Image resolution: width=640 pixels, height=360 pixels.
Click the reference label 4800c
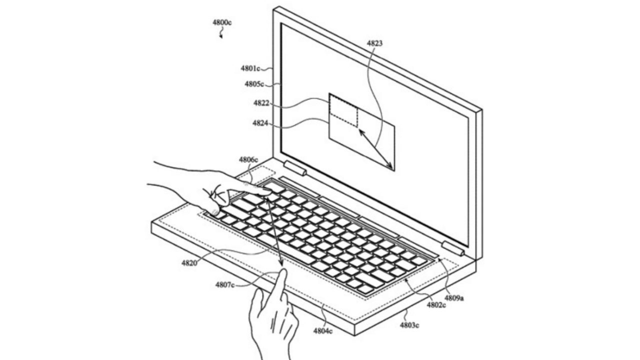click(222, 22)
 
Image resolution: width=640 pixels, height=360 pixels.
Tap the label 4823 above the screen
click(374, 43)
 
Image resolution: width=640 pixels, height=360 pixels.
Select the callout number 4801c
click(250, 68)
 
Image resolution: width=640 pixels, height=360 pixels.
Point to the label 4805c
click(254, 84)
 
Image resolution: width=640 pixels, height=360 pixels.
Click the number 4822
click(261, 103)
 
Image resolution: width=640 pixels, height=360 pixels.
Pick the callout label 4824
click(260, 123)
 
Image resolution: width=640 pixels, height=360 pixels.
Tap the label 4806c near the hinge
click(248, 159)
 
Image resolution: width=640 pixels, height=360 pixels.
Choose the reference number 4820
click(189, 263)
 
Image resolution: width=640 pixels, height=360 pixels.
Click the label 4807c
click(225, 285)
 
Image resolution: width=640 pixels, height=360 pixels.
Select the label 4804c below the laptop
click(323, 331)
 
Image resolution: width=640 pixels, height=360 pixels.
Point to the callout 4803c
click(409, 325)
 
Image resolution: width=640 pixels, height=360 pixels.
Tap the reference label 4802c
click(436, 305)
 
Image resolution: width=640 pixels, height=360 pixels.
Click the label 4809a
click(454, 298)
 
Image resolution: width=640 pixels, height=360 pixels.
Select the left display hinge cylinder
click(295, 168)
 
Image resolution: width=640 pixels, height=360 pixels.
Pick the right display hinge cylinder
click(453, 248)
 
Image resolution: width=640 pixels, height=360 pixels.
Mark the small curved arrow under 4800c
click(221, 33)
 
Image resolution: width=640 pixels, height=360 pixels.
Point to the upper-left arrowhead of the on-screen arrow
click(361, 132)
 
